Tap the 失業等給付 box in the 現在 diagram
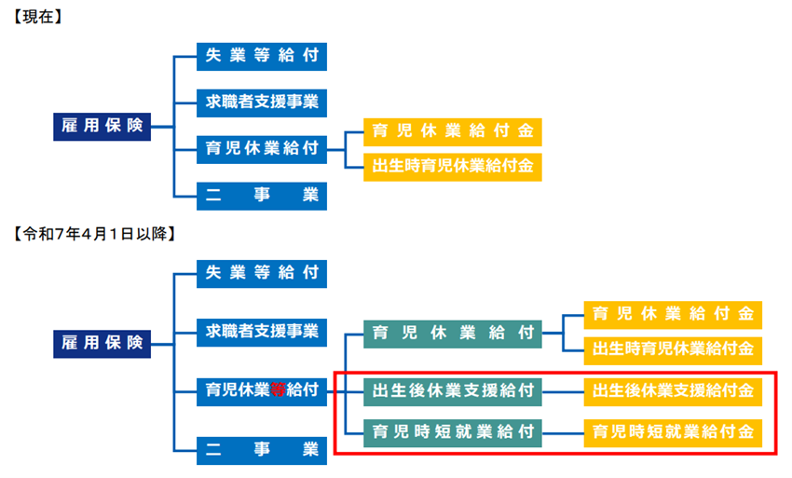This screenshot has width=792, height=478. (262, 55)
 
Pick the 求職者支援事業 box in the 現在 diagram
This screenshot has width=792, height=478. (262, 101)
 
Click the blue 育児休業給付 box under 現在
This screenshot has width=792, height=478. (262, 147)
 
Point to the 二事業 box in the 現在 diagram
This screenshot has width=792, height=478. (262, 194)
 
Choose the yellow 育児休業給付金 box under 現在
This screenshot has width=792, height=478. (452, 131)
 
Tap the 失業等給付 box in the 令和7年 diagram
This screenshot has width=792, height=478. (262, 273)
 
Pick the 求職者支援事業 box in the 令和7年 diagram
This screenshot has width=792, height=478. (262, 330)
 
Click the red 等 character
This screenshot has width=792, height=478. (277, 390)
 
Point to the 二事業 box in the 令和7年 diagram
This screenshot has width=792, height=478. (262, 450)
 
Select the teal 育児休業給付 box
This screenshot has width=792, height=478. (452, 332)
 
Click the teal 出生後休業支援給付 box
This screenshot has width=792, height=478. (452, 390)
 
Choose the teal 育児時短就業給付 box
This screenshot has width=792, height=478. (452, 431)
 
